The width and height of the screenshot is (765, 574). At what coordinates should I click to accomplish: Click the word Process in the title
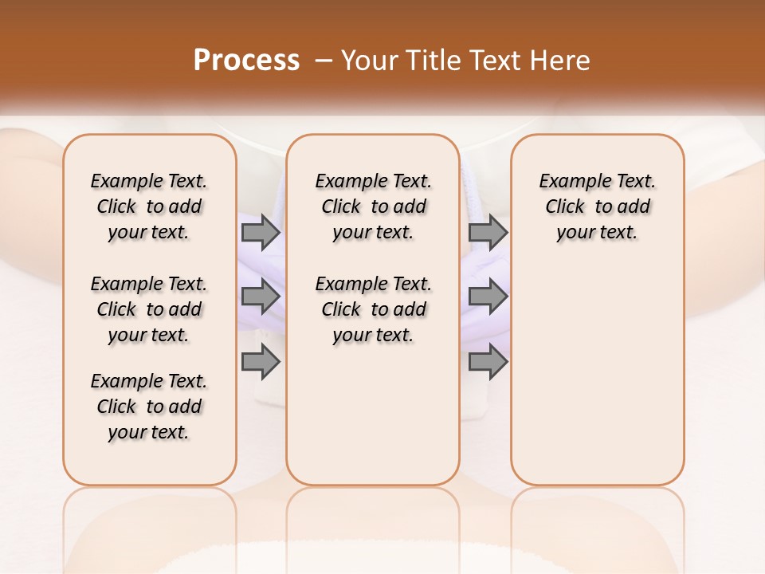click(246, 60)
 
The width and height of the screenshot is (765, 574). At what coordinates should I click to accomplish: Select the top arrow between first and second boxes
click(261, 232)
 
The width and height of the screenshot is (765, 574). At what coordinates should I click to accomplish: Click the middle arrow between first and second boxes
click(261, 297)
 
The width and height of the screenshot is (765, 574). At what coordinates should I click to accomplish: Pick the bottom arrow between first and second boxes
click(261, 362)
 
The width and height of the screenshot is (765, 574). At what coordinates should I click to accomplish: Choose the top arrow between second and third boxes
click(488, 232)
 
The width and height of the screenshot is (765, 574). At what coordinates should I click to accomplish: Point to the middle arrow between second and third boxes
click(488, 297)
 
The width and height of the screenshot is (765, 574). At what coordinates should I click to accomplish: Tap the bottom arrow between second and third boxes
click(488, 362)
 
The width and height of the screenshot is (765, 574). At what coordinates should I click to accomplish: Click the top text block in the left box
click(149, 206)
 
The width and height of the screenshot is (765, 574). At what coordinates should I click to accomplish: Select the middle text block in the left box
click(149, 309)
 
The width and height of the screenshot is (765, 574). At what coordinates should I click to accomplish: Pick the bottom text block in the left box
click(149, 407)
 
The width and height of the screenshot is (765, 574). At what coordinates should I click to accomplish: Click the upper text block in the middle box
click(373, 206)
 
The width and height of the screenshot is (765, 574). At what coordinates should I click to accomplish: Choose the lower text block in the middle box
click(373, 309)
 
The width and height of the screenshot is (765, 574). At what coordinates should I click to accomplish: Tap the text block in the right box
click(598, 206)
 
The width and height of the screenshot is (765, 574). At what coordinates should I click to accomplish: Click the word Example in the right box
click(571, 182)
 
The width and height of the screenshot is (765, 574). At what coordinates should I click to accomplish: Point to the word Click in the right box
click(565, 207)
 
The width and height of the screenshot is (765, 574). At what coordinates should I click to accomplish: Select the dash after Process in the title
click(321, 61)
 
